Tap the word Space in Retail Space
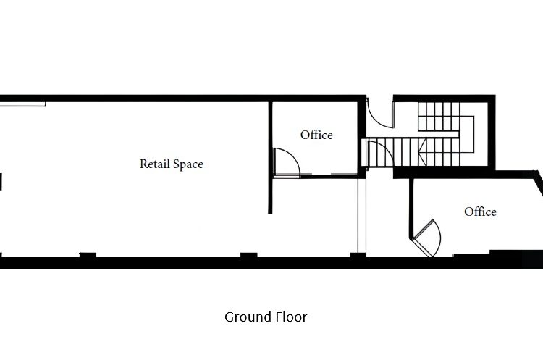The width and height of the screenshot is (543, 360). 188,164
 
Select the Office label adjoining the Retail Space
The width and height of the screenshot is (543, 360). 316,135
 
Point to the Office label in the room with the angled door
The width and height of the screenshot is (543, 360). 480,212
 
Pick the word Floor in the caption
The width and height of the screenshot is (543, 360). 292,317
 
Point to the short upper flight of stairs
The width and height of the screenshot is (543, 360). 439,116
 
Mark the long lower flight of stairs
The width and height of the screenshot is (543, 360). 411,152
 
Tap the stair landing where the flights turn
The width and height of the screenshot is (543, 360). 467,135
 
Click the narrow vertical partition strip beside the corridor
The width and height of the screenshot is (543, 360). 362,216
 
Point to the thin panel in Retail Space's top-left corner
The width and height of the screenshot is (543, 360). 23,104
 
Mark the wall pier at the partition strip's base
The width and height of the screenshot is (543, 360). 358,256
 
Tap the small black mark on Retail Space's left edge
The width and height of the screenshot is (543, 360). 1,182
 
